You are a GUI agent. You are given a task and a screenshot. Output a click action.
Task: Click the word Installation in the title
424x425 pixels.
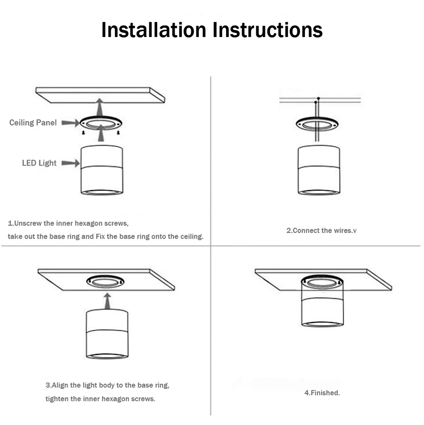154,30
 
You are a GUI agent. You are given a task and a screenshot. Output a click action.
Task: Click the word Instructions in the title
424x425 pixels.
268,30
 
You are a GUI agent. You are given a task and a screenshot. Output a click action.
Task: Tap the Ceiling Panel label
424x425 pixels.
33,122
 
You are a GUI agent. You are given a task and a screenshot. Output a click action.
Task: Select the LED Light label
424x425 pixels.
39,163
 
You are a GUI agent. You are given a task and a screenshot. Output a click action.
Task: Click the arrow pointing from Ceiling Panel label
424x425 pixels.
70,122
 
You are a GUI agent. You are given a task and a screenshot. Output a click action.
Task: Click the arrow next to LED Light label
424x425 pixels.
70,163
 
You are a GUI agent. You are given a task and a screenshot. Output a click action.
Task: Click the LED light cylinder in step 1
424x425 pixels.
101,171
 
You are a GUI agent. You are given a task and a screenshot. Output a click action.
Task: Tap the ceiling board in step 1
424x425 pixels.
100,94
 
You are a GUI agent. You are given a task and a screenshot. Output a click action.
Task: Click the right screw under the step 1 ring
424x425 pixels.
118,133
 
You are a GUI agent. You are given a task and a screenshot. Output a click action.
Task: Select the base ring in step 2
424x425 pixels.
317,124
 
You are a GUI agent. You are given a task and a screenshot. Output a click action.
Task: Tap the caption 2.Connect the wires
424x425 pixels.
321,231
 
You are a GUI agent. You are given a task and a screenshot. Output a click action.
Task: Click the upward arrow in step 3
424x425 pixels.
107,301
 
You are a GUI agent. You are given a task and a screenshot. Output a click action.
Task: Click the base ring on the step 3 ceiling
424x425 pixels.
105,281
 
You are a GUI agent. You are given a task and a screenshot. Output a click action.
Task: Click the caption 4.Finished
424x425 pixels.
322,393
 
